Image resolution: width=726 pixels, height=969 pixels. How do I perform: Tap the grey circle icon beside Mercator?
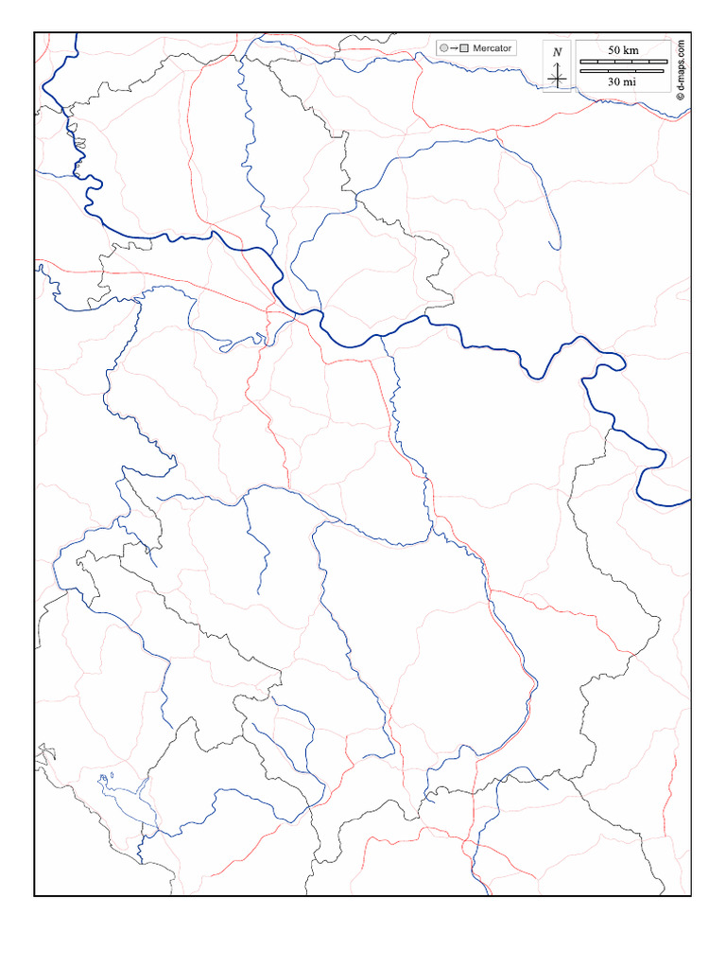coord(442,47)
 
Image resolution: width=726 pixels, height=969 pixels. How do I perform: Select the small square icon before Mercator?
coord(464,47)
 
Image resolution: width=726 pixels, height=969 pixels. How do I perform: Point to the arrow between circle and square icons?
coord(453,47)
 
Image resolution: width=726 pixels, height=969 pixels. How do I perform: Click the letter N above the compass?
coord(558,53)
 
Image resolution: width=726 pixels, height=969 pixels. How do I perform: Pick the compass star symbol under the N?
coord(558,76)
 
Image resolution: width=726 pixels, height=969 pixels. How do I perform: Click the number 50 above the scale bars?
coord(614,49)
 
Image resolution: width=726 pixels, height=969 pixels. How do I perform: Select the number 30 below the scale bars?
coord(614,82)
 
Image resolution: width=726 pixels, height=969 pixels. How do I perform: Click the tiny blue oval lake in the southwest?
coord(112,776)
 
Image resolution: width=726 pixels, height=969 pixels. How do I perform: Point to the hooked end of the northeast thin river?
coord(556,248)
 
